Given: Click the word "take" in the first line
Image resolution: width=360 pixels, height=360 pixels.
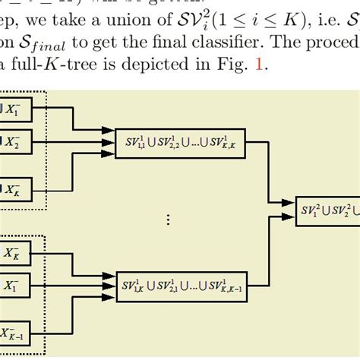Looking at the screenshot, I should coord(84,9).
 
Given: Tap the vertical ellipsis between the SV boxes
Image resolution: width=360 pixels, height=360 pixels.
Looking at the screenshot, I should coord(169,219).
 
